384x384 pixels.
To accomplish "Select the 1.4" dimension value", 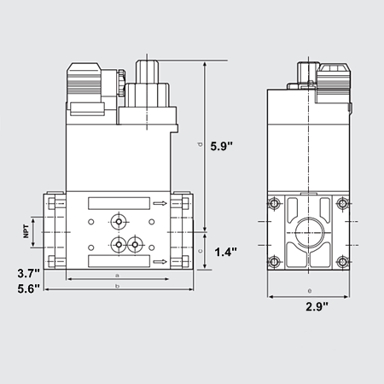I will point(224,252).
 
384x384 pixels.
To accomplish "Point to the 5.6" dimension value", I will point(19,289).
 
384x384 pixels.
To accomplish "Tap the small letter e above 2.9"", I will point(307,291).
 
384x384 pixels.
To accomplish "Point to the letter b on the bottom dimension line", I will point(117,286).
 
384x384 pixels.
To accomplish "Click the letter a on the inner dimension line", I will point(117,275).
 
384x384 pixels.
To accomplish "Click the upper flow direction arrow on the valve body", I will point(159,204).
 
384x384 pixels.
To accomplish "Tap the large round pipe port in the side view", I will point(307,233).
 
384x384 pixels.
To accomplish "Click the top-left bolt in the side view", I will point(275,205).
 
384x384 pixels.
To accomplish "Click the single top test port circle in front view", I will point(117,220).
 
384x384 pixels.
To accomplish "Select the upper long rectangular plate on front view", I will point(117,204).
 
